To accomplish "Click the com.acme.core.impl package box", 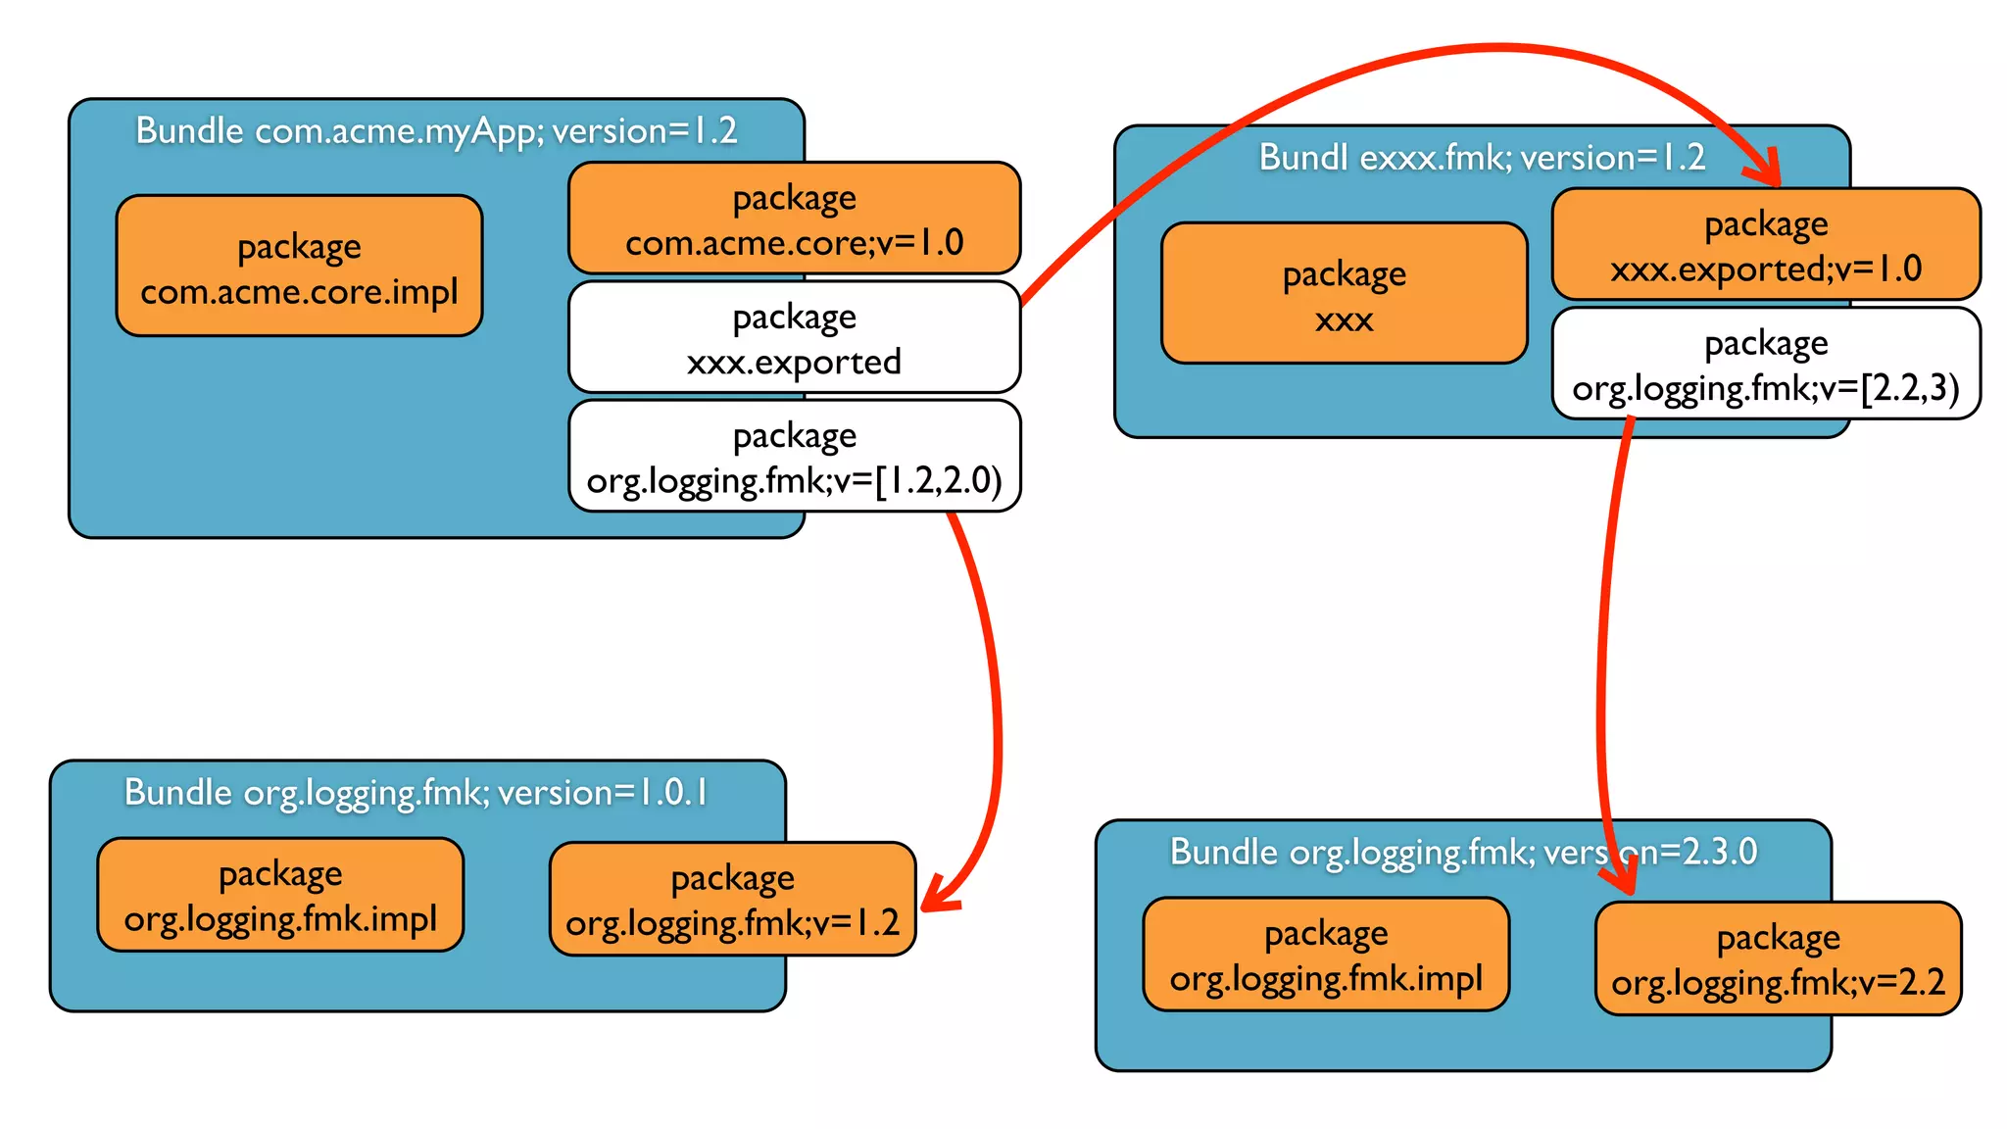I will click(299, 267).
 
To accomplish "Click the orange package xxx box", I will click(1344, 293).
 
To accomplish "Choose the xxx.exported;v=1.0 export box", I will click(1765, 244).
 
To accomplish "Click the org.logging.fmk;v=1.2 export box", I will click(732, 899).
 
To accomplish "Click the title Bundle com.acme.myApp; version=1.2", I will click(436, 130).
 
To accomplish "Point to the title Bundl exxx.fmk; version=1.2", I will click(1481, 157).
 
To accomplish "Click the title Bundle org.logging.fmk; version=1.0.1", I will click(416, 792).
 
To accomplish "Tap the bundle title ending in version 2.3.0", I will click(1462, 852).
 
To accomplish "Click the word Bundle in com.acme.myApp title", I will click(189, 130).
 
